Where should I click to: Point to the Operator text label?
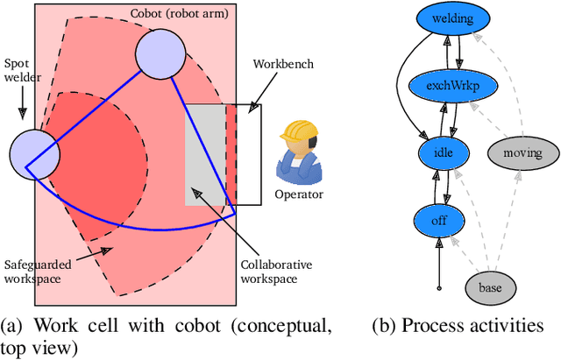tap(298, 194)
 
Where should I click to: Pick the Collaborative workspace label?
tap(276, 271)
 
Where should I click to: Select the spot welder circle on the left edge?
tap(34, 154)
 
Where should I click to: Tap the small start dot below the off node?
tap(440, 286)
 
